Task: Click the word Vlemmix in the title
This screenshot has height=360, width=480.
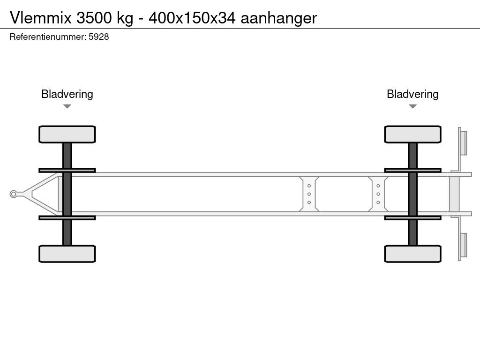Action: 41,18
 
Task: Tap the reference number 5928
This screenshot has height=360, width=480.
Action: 98,37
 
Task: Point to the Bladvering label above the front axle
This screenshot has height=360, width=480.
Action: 67,94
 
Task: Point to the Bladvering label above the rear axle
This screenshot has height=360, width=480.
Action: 412,94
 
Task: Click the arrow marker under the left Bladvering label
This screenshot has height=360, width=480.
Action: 67,106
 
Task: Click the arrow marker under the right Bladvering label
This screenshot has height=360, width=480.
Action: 412,106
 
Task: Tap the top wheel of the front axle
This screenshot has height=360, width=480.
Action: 67,134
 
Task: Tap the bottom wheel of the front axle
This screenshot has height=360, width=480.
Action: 67,254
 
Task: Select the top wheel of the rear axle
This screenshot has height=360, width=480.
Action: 412,134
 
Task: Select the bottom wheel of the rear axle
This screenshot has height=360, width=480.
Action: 412,254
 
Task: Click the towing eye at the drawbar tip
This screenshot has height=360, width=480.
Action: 14,194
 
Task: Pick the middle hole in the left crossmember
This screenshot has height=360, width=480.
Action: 309,194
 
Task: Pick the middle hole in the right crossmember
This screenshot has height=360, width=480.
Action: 378,194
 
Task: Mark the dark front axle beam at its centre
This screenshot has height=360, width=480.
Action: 67,194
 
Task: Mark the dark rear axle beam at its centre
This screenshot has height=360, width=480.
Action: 412,194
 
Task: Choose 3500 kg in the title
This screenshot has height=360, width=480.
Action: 104,18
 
